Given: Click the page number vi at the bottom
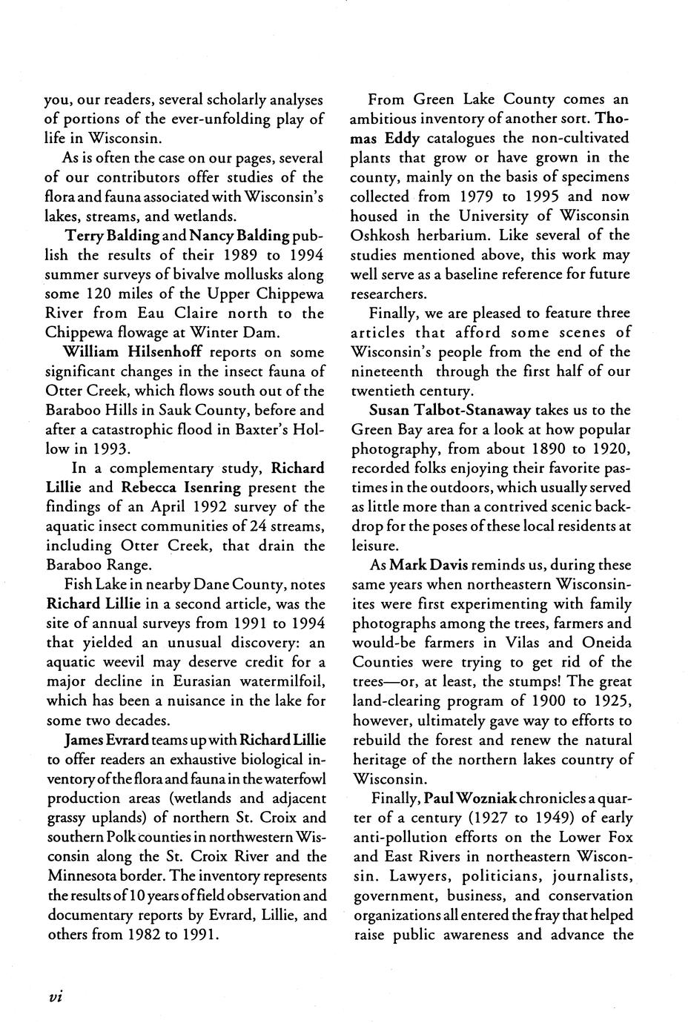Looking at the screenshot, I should click(x=53, y=996).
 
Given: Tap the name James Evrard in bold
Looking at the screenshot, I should click(x=96, y=740).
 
